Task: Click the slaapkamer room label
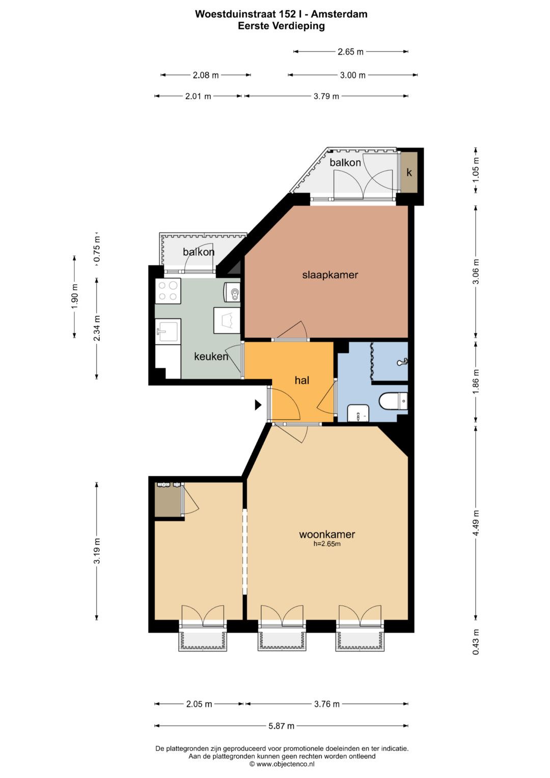point(330,275)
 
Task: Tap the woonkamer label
point(327,534)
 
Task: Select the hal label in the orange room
point(301,380)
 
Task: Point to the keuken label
point(211,356)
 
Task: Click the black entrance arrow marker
point(258,405)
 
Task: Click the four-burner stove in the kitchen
point(168,291)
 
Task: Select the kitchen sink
point(168,331)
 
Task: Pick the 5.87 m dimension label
point(281,726)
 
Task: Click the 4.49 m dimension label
point(476,523)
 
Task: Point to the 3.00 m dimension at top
point(353,75)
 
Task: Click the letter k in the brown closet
point(409,172)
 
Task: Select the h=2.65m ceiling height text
point(327,544)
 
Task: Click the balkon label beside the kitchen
point(199,252)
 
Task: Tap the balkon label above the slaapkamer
point(345,162)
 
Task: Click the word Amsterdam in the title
point(339,14)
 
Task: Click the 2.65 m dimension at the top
point(351,52)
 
